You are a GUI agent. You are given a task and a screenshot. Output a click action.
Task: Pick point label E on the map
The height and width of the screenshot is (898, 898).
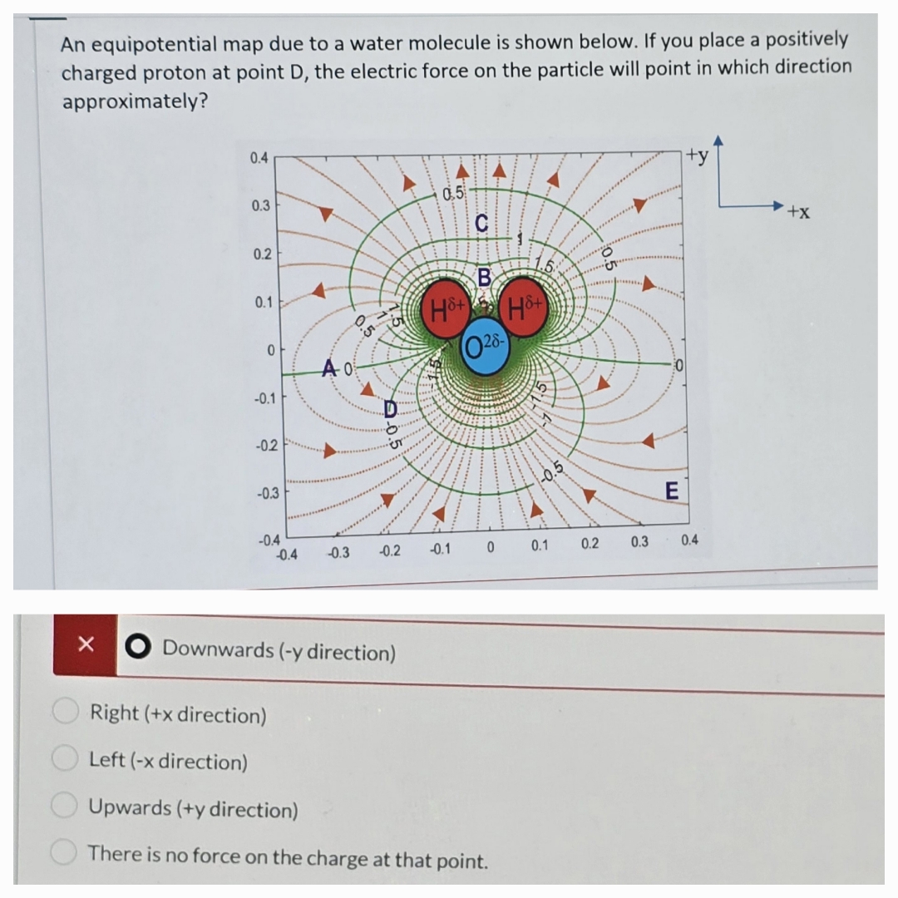672,491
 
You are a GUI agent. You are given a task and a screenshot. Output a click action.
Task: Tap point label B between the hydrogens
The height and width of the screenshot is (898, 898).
485,274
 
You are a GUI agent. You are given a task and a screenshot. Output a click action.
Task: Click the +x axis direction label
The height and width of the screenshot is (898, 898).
799,213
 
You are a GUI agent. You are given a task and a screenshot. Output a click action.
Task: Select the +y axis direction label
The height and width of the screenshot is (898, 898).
698,156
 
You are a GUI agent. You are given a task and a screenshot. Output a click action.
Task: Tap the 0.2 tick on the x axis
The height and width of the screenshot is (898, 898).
590,545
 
